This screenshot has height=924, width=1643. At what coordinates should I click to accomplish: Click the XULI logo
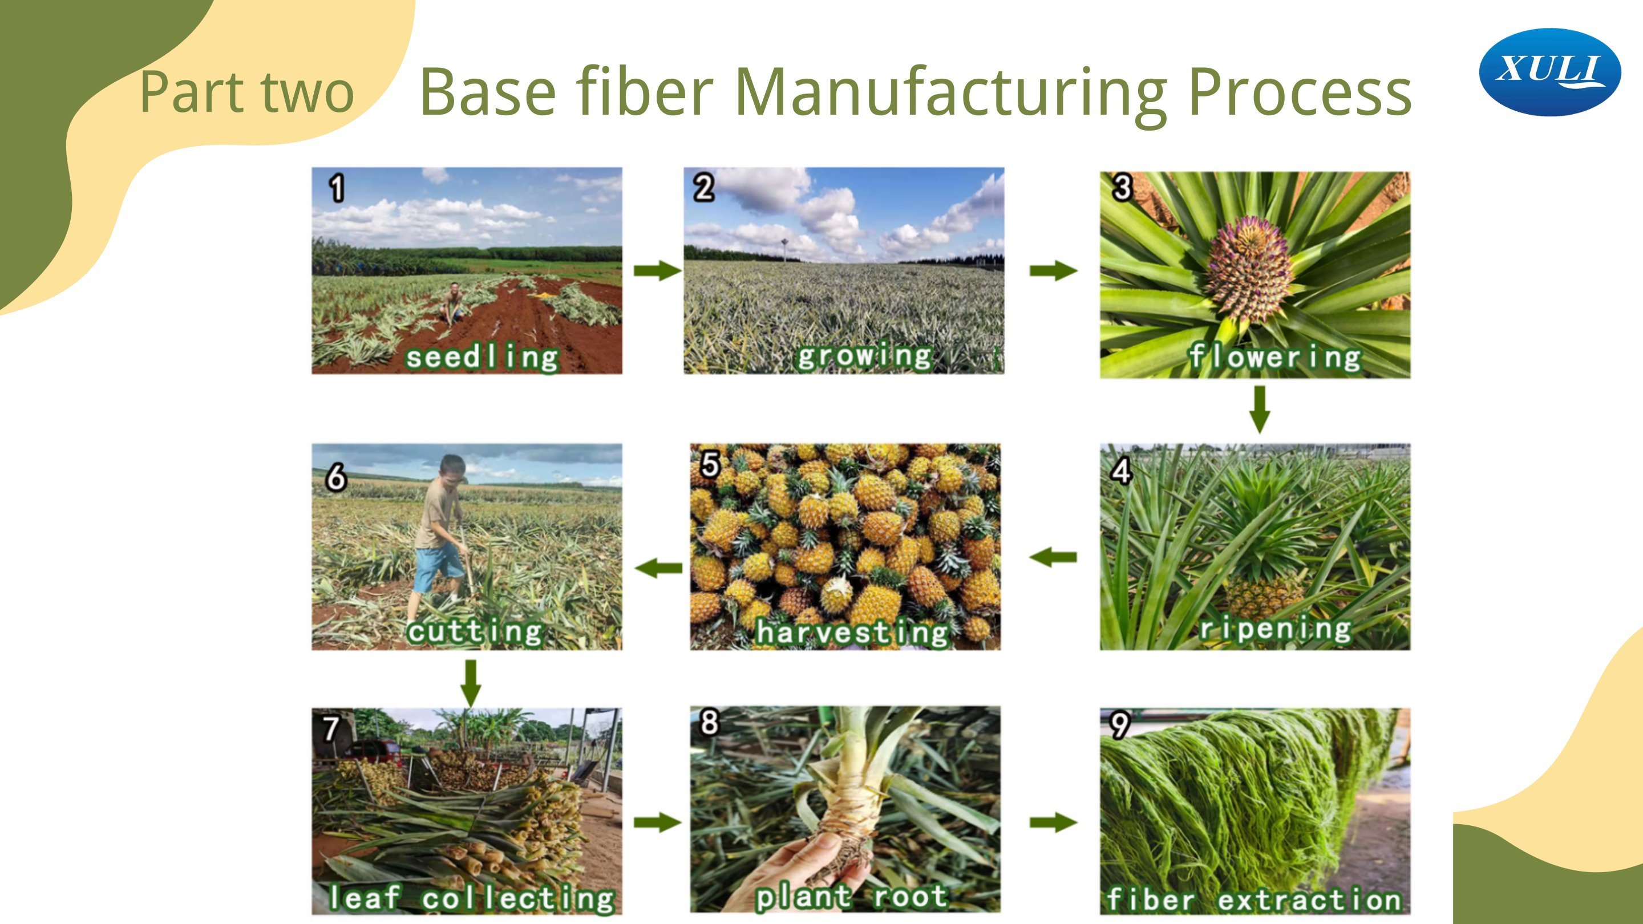(1550, 72)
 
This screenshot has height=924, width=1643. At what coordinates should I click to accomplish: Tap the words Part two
(246, 92)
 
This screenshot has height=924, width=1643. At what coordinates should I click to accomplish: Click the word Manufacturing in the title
(951, 93)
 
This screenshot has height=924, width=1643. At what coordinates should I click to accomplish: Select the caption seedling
(482, 356)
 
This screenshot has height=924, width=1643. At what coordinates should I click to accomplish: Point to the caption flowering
(1274, 356)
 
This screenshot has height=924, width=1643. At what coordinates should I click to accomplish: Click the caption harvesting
(852, 632)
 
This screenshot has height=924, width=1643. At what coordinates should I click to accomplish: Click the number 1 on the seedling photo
(337, 188)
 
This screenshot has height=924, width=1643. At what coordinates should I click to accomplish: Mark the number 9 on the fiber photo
(1120, 725)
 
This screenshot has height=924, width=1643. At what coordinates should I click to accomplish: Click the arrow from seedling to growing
(658, 270)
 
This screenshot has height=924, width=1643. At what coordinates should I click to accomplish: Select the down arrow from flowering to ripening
(1259, 410)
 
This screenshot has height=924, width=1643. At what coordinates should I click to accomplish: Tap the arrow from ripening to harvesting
(1053, 557)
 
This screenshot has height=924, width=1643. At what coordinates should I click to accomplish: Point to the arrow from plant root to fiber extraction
(1054, 822)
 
